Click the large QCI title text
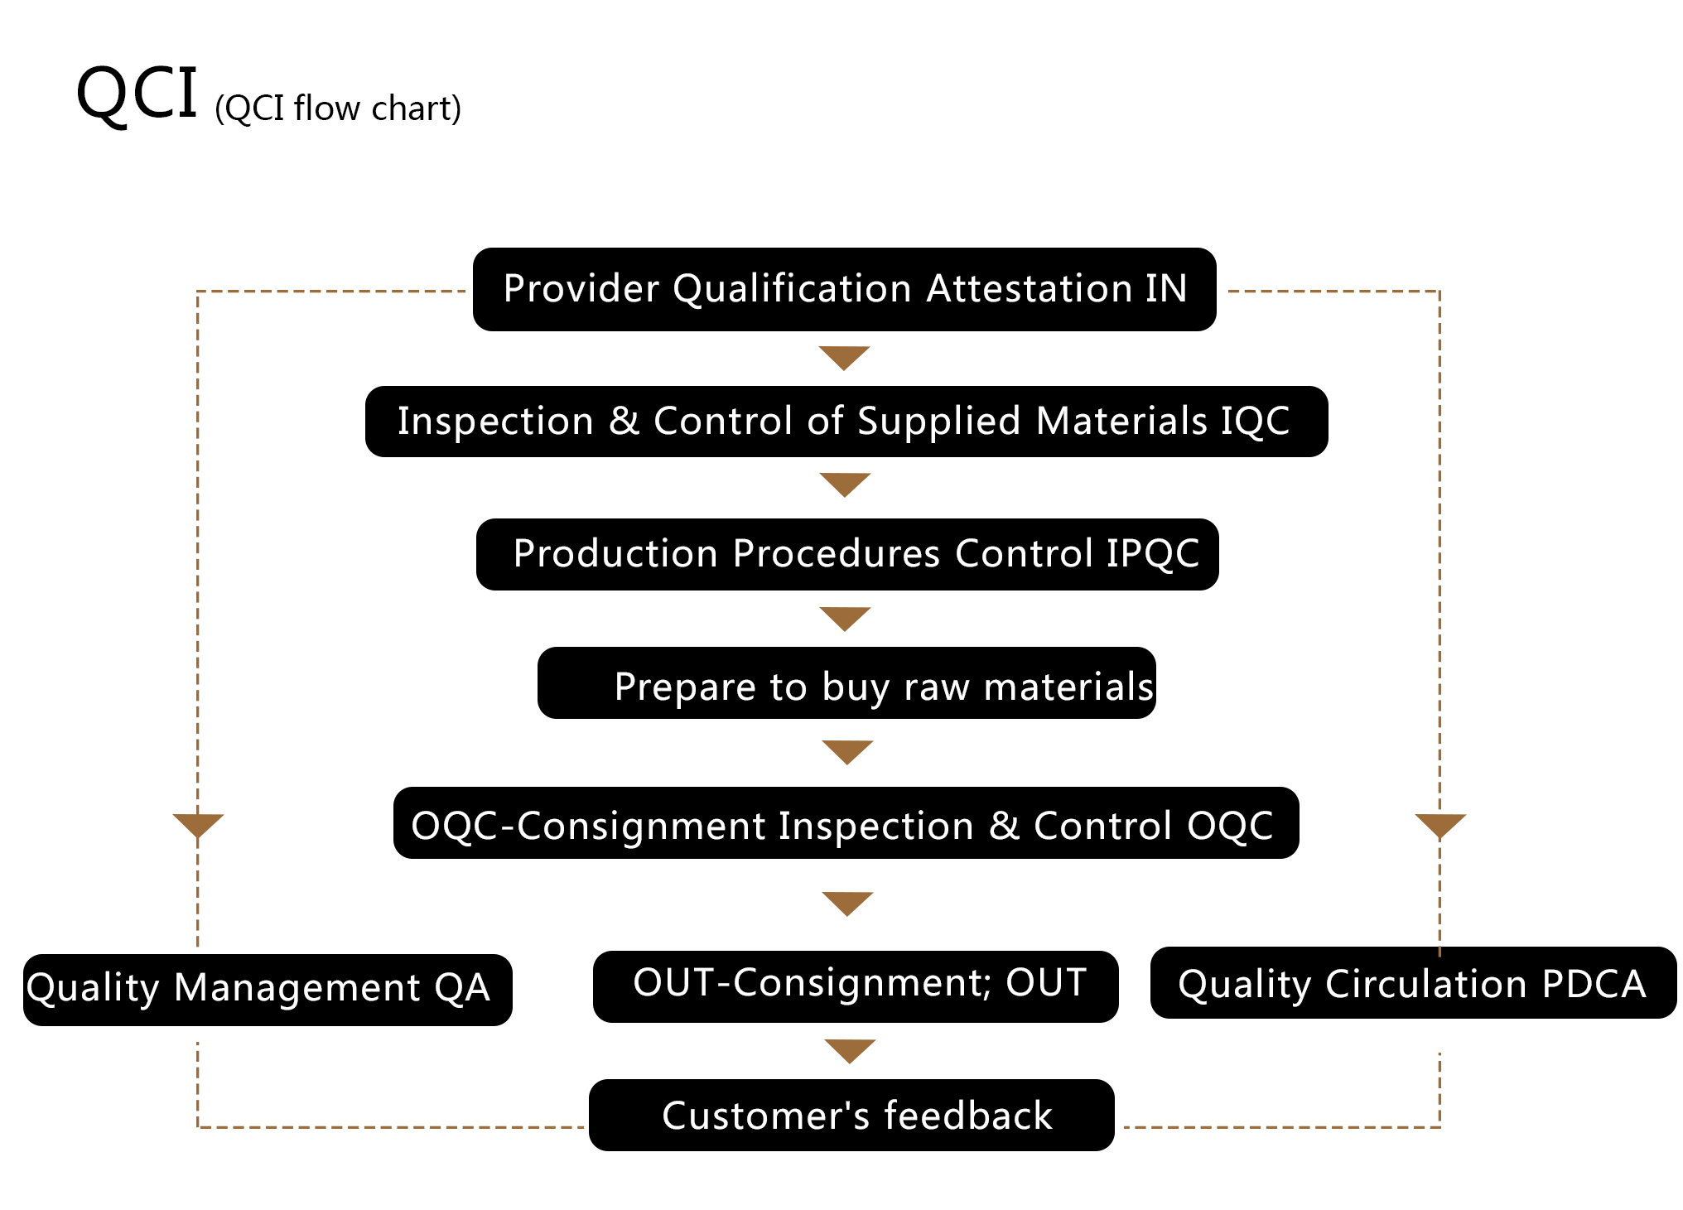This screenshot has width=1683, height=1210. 137,94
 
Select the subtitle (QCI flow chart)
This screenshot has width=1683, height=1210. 338,108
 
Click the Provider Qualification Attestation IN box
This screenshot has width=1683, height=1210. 844,289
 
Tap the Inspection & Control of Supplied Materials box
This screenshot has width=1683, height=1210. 846,421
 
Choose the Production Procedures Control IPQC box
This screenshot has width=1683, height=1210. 847,554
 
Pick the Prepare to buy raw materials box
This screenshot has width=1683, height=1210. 846,682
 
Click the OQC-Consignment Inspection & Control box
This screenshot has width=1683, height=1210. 846,822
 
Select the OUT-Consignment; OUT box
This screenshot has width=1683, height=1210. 856,986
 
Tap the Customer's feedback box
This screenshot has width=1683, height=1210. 851,1115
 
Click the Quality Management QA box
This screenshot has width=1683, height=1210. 268,990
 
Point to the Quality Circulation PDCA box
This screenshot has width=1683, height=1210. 1413,982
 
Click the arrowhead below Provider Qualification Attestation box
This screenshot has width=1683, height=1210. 844,358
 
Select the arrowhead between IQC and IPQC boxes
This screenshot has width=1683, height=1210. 845,484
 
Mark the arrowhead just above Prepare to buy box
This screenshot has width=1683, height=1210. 845,619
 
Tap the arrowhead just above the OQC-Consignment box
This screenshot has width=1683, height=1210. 847,752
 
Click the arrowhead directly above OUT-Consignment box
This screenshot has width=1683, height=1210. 847,904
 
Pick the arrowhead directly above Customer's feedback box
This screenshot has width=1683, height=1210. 850,1051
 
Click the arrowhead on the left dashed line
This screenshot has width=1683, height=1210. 198,826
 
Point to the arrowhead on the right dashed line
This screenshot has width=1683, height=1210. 1440,826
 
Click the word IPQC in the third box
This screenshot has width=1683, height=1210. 1153,554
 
